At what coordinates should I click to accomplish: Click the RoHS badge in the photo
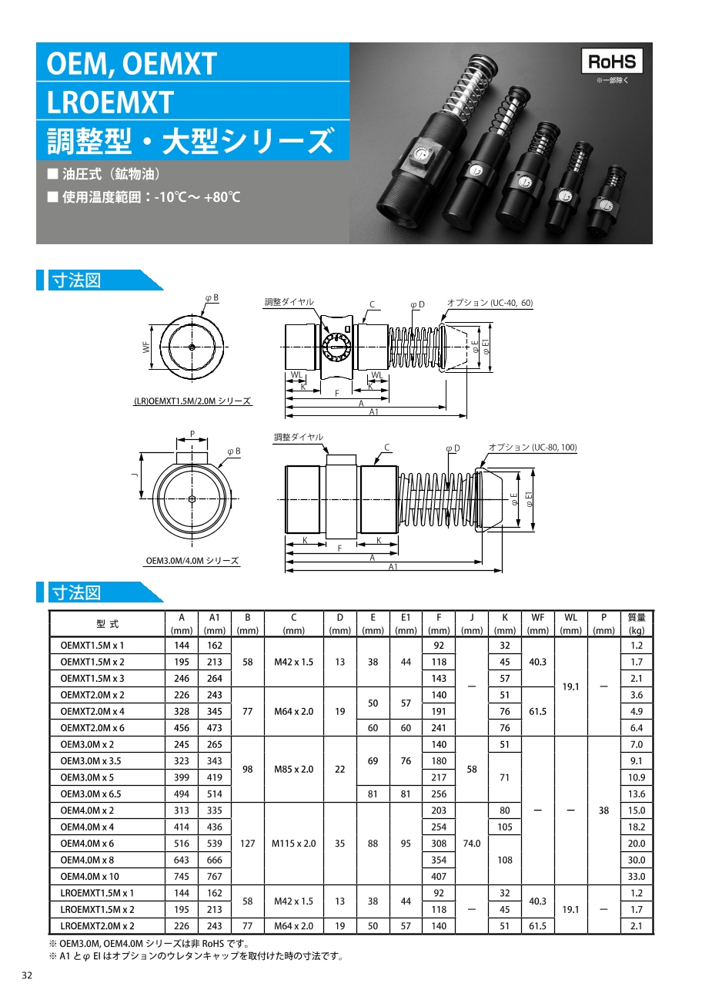pyautogui.click(x=611, y=62)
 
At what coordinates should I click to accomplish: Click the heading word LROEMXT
pyautogui.click(x=110, y=102)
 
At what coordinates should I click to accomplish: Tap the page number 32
pyautogui.click(x=27, y=976)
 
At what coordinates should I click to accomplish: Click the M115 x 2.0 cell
pyautogui.click(x=293, y=844)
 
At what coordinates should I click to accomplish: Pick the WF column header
pyautogui.click(x=537, y=618)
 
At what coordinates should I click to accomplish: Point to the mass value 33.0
pyautogui.click(x=637, y=877)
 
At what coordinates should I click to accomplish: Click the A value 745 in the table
pyautogui.click(x=182, y=877)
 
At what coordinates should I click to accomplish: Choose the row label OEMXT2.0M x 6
pyautogui.click(x=92, y=728)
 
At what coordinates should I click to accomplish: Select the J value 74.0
pyautogui.click(x=471, y=844)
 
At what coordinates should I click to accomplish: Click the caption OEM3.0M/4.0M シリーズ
pyautogui.click(x=192, y=561)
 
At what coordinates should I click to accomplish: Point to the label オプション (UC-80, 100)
pyautogui.click(x=533, y=448)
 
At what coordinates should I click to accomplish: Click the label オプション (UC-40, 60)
pyautogui.click(x=490, y=303)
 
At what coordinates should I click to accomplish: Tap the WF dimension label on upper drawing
pyautogui.click(x=145, y=347)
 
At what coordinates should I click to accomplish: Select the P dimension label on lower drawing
pyautogui.click(x=192, y=435)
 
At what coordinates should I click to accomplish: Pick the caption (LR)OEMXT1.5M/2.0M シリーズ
pyautogui.click(x=192, y=401)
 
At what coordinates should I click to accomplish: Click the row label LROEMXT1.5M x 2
pyautogui.click(x=97, y=910)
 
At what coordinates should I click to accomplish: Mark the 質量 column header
pyautogui.click(x=637, y=618)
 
